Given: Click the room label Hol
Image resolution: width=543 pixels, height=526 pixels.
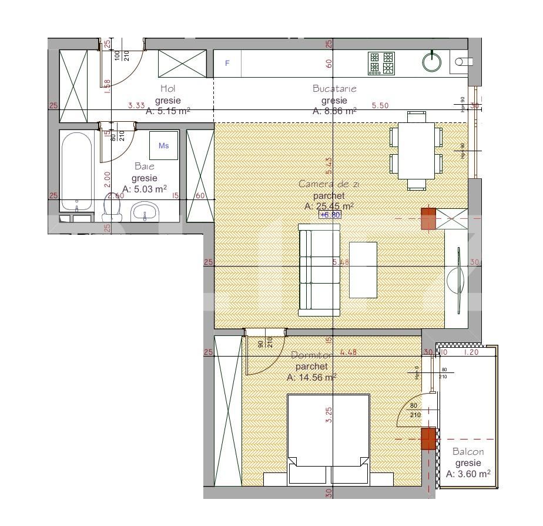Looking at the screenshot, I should (167, 88).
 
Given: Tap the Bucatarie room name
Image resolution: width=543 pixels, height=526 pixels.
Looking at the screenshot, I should (334, 88).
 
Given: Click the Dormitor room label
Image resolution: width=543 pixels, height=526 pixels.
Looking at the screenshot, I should (311, 355).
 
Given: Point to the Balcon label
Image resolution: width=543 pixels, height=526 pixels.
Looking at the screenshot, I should (468, 452).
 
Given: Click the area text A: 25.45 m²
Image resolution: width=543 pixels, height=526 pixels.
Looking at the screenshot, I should (329, 206).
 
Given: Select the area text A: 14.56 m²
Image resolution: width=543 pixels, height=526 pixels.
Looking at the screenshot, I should (311, 377).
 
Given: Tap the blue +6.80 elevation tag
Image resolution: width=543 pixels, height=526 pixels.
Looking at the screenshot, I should (330, 215).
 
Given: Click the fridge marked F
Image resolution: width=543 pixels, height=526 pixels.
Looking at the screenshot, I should (227, 64).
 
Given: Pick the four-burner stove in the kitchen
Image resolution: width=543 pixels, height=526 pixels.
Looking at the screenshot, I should (381, 64).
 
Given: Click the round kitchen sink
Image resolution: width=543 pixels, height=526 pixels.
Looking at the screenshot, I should (432, 62).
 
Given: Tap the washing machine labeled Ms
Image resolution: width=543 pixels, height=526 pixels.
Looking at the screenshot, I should (163, 145).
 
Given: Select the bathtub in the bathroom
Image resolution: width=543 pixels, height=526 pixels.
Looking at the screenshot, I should (76, 172).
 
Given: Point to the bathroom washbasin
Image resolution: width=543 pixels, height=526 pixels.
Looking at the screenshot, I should (145, 211).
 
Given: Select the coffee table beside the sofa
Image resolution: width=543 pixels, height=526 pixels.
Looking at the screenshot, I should (363, 269).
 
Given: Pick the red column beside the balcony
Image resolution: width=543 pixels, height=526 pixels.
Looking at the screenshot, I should (428, 439).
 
